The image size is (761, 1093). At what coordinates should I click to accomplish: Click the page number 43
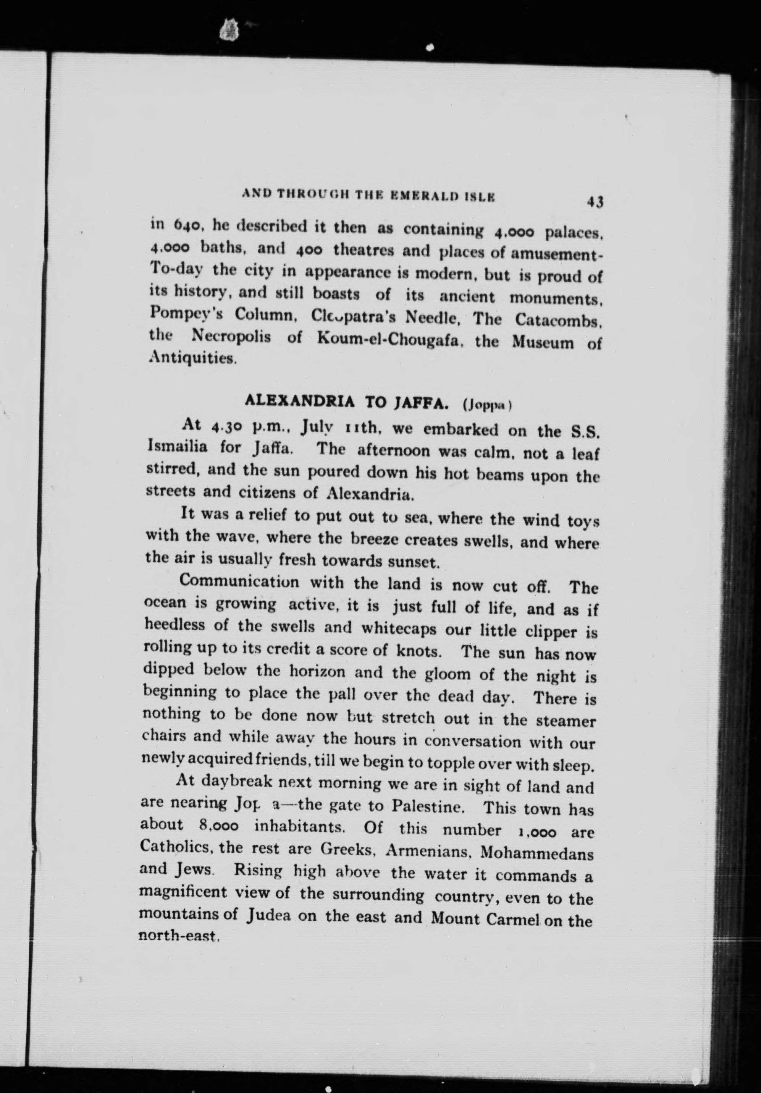(595, 202)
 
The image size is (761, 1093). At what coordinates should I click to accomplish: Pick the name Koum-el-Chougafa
(384, 340)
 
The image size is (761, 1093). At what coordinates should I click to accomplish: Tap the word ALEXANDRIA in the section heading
(299, 401)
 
